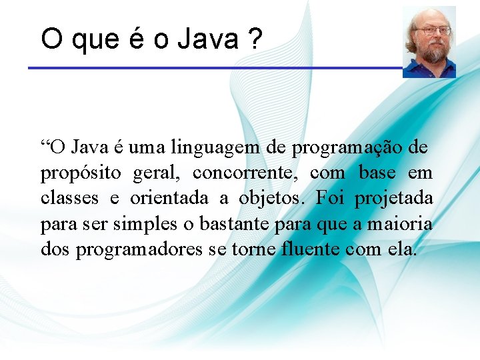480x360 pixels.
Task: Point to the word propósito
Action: pos(81,173)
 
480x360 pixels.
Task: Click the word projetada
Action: pos(393,198)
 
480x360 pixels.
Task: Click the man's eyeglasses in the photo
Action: pos(433,30)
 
